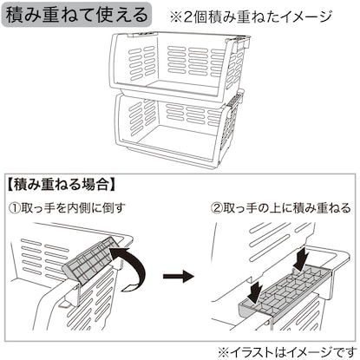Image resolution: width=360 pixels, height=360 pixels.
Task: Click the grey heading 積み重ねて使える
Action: point(76,15)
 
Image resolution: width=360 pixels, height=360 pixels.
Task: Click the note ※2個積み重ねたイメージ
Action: point(251,16)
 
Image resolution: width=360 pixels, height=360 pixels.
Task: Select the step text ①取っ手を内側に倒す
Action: point(68,208)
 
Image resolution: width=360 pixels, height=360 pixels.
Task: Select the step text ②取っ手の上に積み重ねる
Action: point(280,208)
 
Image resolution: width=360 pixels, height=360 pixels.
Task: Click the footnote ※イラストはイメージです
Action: point(287,352)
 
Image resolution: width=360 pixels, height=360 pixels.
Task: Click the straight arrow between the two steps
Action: point(178,276)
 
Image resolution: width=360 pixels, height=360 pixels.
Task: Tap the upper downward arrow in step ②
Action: point(301,258)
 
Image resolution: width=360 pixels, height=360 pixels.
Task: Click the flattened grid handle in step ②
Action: point(285,293)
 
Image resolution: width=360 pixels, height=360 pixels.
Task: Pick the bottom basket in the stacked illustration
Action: point(176,128)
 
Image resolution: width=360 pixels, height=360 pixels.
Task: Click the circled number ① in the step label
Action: point(15,208)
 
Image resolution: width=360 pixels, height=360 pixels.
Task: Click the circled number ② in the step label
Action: point(216,208)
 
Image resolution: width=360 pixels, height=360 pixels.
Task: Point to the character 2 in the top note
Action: point(187,17)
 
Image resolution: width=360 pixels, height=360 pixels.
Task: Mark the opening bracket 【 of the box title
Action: point(10,184)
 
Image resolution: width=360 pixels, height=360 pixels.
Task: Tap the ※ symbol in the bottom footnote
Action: point(223,352)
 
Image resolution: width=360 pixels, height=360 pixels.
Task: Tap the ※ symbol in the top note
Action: point(175,17)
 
